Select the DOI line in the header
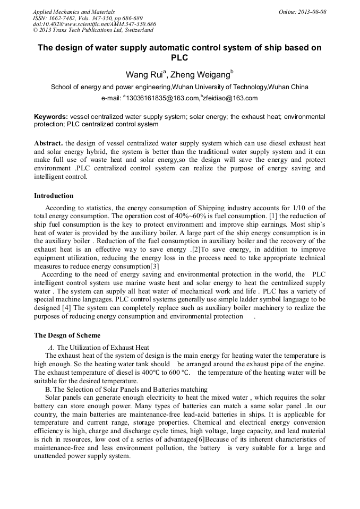[x=94, y=24]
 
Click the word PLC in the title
[x=179, y=57]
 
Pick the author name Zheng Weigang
[x=201, y=74]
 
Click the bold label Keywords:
[x=51, y=116]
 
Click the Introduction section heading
[x=54, y=196]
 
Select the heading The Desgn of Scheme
[x=67, y=335]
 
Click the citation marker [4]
[x=67, y=308]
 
